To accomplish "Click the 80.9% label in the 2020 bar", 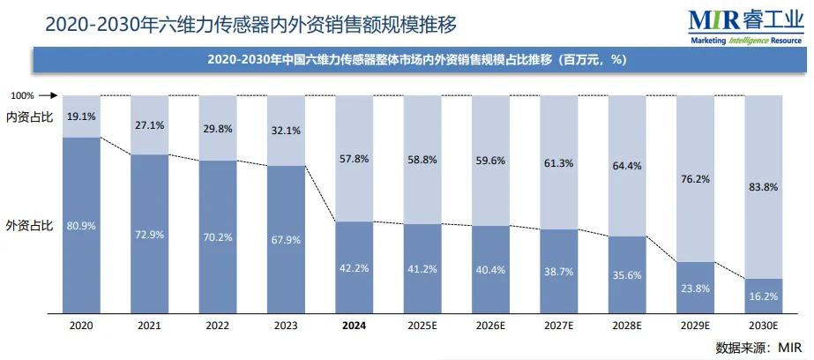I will [x=82, y=226].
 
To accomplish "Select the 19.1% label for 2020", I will [x=82, y=116].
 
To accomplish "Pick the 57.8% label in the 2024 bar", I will [x=354, y=159].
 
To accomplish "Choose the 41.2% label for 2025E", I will [x=422, y=268].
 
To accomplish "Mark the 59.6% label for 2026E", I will [x=489, y=161].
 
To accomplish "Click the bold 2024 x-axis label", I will [x=354, y=326].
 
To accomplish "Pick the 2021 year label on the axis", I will [x=150, y=326].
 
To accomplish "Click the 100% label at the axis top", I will [x=22, y=95].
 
